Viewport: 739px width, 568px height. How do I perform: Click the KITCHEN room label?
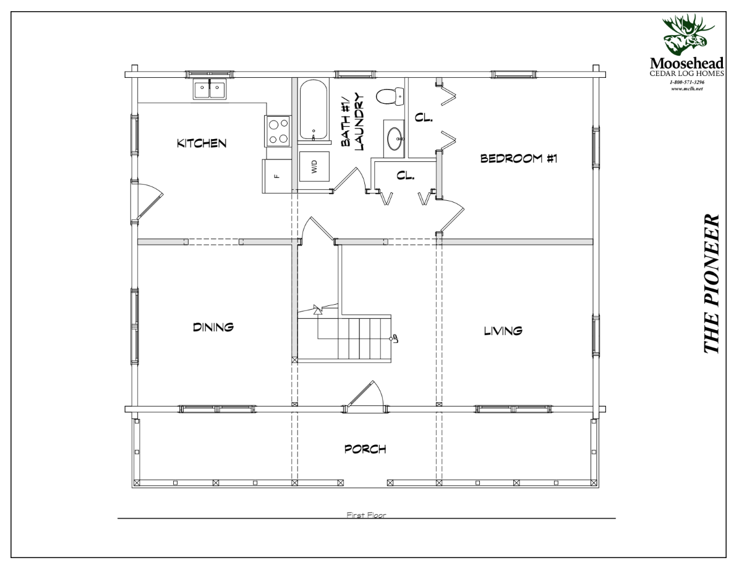coord(202,143)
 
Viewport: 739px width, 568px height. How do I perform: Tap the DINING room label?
coord(213,327)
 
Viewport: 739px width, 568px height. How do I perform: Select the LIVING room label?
coord(503,331)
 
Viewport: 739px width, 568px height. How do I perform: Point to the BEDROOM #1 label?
coord(519,158)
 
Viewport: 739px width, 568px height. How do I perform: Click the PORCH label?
coord(365,449)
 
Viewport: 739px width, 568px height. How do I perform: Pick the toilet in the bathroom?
coord(390,96)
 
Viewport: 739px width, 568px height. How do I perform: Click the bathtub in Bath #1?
coord(314,110)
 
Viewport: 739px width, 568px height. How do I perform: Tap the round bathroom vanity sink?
coord(395,138)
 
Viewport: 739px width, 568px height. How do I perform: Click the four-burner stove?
coord(278,132)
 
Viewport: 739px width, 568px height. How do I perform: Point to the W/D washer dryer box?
coord(314,167)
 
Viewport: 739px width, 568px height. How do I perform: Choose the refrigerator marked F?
coord(276,176)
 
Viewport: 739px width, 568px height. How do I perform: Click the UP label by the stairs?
coord(395,338)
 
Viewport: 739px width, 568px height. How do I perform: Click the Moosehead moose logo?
coord(686,34)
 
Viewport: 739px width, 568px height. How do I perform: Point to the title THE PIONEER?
coord(712,284)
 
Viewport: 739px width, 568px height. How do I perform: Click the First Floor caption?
coord(366,515)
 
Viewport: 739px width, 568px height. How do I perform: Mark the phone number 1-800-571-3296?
coord(686,82)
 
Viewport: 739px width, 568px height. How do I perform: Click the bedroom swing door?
coord(451,214)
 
